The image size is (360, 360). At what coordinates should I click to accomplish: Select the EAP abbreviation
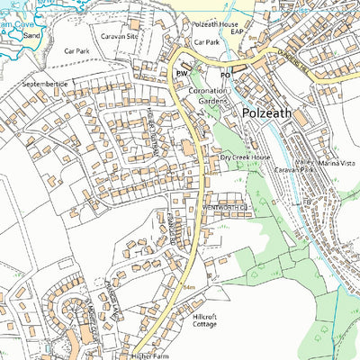point(238,31)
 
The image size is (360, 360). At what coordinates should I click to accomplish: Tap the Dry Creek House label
point(246,157)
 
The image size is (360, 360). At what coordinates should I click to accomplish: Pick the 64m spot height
point(189,288)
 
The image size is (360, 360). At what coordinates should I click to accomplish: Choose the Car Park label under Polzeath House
point(206,41)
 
